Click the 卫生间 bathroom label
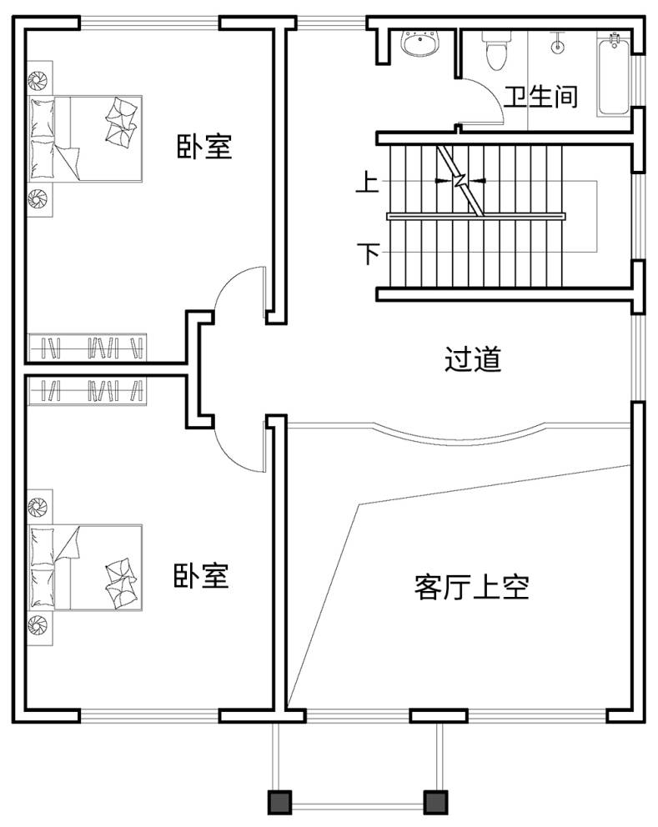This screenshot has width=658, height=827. (x=540, y=97)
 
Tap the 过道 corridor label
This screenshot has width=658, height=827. (x=472, y=359)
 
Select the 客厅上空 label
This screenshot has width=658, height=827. (x=471, y=587)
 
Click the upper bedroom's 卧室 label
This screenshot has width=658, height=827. (x=204, y=146)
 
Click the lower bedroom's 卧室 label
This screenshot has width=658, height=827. (x=201, y=575)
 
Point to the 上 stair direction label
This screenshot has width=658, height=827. (x=368, y=183)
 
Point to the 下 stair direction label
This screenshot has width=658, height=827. (x=369, y=253)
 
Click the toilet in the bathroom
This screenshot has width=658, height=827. (x=496, y=49)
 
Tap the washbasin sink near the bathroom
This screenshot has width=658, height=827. (x=420, y=43)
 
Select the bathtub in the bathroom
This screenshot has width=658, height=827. (x=614, y=74)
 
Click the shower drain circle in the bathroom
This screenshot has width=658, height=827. (x=558, y=46)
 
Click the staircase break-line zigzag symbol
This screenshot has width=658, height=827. (x=460, y=181)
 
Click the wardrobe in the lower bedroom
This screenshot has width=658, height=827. (x=87, y=391)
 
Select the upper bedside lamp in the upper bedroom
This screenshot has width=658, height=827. (x=38, y=81)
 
